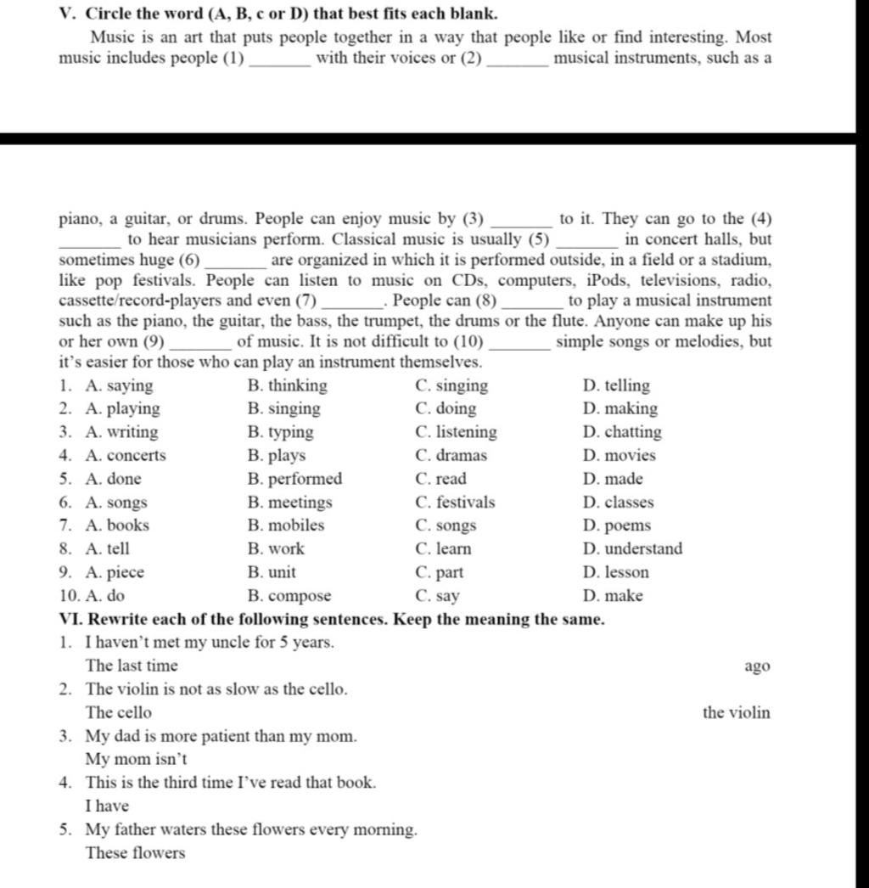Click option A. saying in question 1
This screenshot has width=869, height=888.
click(x=119, y=386)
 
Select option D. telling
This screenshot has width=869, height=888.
click(x=616, y=386)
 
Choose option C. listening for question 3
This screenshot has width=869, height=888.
click(x=456, y=432)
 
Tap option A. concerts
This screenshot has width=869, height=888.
click(x=126, y=456)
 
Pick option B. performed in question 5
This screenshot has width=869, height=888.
click(x=294, y=479)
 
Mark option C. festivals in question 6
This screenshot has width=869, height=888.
click(x=455, y=503)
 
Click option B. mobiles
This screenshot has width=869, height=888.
click(x=285, y=525)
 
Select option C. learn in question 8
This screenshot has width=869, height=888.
click(x=443, y=549)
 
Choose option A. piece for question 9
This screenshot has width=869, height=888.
click(x=115, y=572)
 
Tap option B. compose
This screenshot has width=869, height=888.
click(x=289, y=596)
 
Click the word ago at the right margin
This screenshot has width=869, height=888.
click(x=757, y=666)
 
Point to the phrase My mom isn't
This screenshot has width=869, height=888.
click(x=136, y=759)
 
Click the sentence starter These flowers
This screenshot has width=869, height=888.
click(x=135, y=853)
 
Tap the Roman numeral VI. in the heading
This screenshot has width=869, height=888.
click(x=70, y=619)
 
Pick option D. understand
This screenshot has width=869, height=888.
click(x=632, y=549)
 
